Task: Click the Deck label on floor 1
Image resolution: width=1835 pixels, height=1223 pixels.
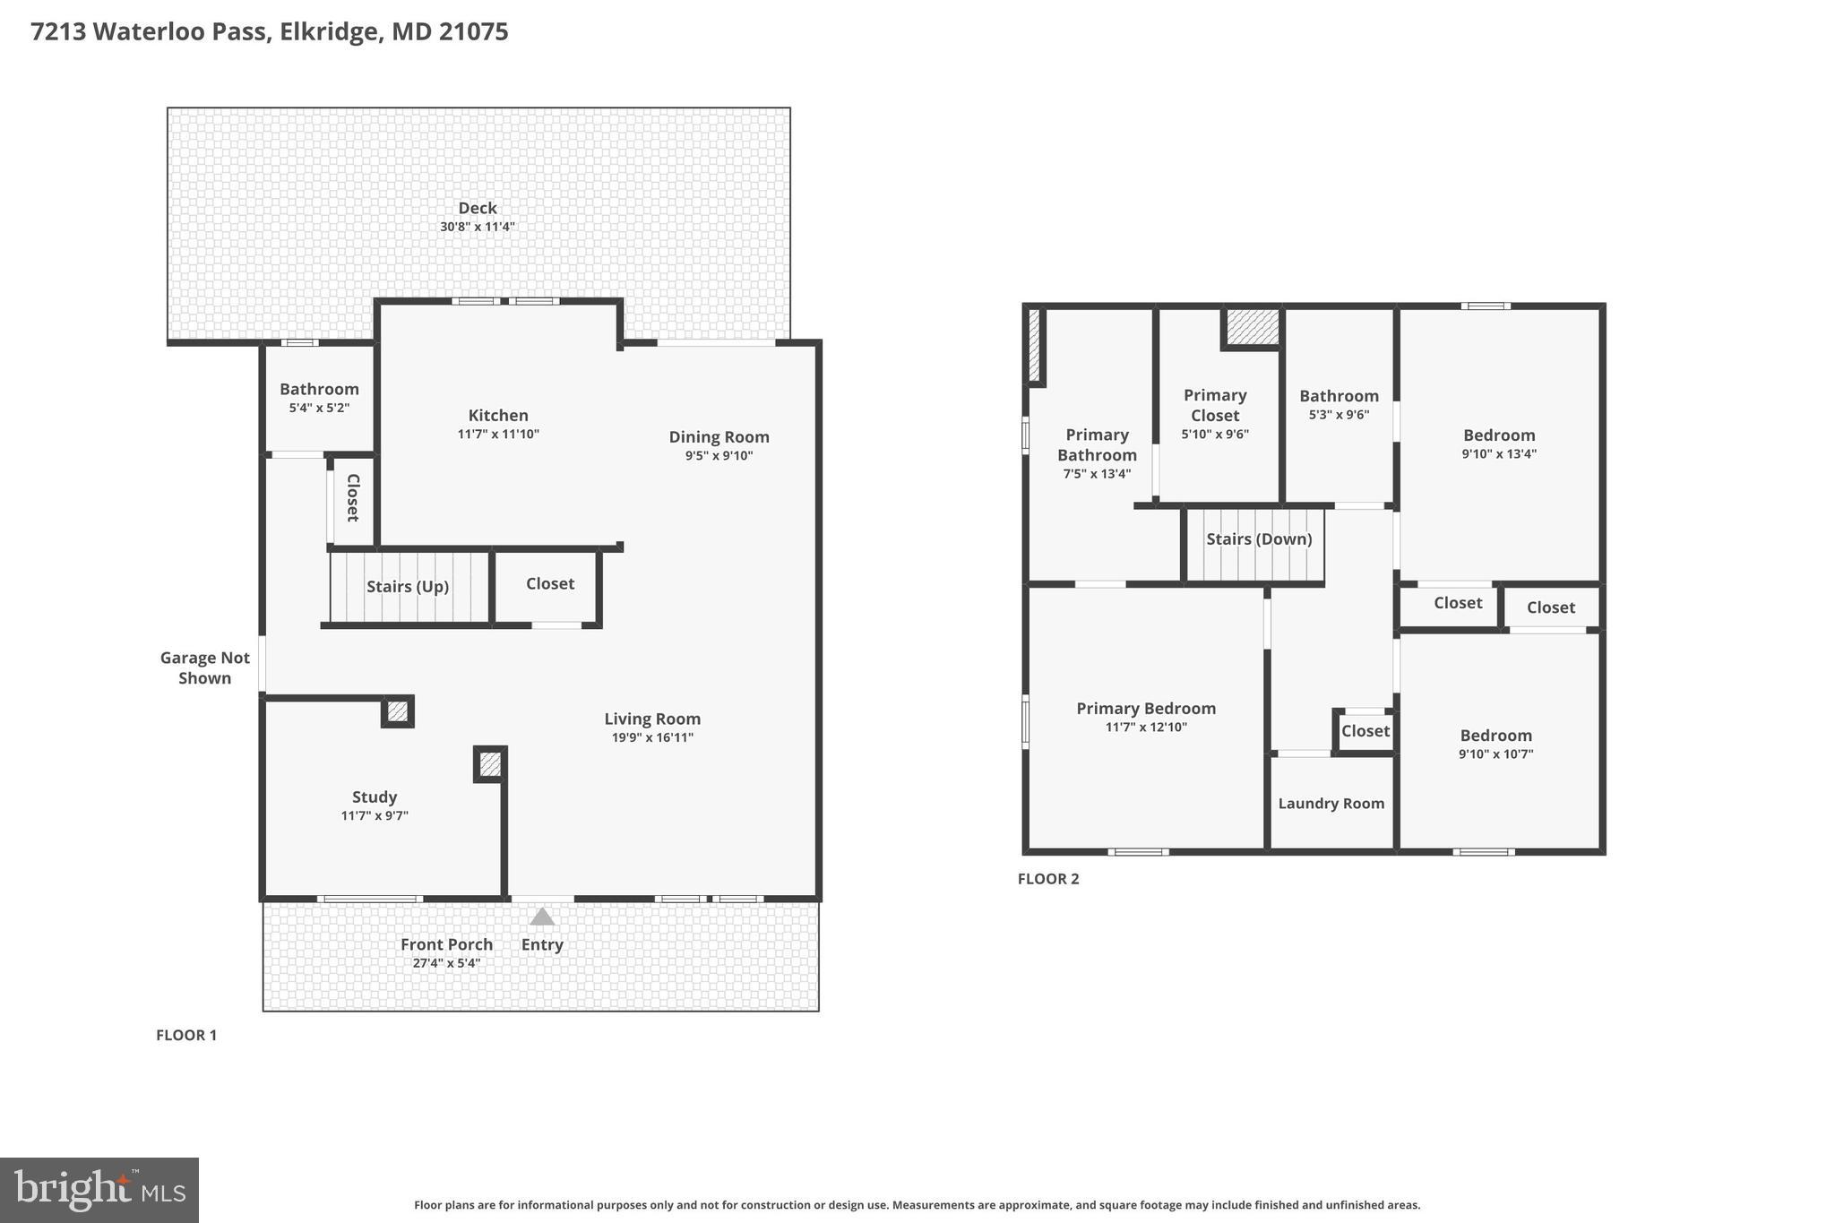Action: coord(477,208)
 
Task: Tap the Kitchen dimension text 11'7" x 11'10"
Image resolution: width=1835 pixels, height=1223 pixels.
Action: coord(498,435)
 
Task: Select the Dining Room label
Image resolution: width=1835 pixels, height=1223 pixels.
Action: coord(719,437)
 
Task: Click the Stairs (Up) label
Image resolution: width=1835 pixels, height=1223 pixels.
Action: coord(407,587)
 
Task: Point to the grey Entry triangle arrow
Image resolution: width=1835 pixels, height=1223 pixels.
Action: coord(541,917)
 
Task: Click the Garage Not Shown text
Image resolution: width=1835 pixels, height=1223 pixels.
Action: coord(205,667)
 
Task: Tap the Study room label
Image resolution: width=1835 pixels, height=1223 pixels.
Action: coord(375,797)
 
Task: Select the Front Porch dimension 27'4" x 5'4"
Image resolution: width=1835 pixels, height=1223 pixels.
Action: coord(446,963)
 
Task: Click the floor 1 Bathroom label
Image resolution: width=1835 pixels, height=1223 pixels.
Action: coord(319,389)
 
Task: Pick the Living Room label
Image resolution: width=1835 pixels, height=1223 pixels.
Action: coord(651,719)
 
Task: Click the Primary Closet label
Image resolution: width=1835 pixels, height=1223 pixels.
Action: coord(1214,405)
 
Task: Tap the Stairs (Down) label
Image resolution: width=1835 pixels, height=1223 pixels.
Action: coord(1258,539)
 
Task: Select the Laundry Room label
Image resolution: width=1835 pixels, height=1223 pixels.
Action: coord(1331,804)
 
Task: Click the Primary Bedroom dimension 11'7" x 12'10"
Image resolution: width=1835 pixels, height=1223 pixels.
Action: coord(1146,728)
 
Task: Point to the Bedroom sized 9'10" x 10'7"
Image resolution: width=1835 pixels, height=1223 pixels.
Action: coord(1495,736)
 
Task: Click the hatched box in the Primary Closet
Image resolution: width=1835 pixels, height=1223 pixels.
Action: coord(1252,326)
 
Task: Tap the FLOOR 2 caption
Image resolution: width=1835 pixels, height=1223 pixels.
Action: coord(1047,879)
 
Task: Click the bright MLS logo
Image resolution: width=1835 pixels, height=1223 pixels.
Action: coord(99,1190)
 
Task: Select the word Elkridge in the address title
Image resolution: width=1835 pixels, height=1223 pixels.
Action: coord(328,31)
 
